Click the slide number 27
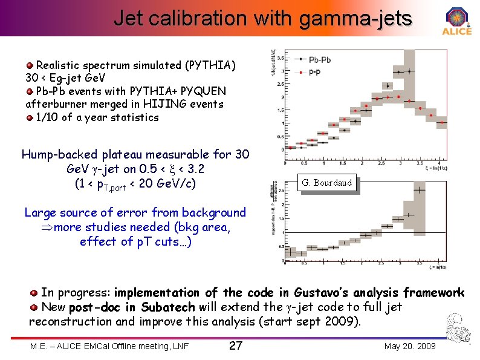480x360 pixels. (x=236, y=346)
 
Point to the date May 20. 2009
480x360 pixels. (x=409, y=346)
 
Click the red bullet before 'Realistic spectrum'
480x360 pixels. (x=30, y=65)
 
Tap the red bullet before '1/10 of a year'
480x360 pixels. (x=30, y=117)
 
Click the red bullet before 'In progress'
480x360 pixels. (x=34, y=293)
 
